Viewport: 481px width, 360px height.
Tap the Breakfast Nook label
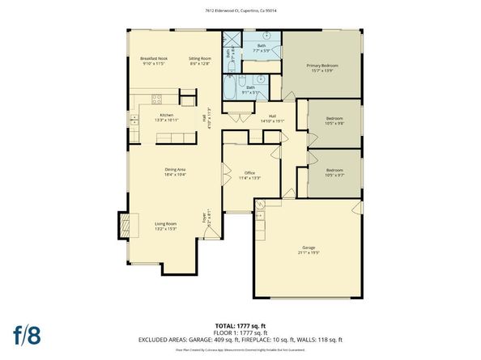[153, 61]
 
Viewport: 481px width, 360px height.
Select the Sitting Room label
[200, 61]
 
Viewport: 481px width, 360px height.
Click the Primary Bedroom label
[321, 67]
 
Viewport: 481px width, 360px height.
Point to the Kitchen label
[166, 117]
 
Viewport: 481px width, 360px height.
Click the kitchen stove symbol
[156, 100]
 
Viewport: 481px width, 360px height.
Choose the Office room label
[249, 176]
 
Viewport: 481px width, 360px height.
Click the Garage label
[309, 251]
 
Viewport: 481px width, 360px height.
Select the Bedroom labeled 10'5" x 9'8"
[334, 121]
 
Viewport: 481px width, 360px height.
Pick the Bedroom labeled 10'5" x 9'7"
[334, 172]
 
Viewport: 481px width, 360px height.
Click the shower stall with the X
[231, 40]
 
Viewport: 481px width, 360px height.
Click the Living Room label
[166, 226]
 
